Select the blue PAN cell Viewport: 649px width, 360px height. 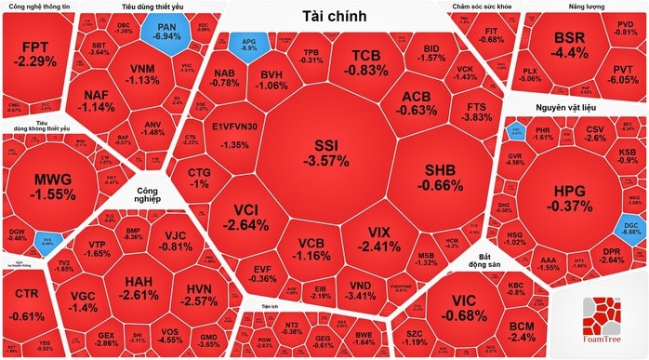pyautogui.click(x=167, y=35)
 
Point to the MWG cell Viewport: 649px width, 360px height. pyautogui.click(x=52, y=187)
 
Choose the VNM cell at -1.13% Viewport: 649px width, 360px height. pyautogui.click(x=142, y=73)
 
